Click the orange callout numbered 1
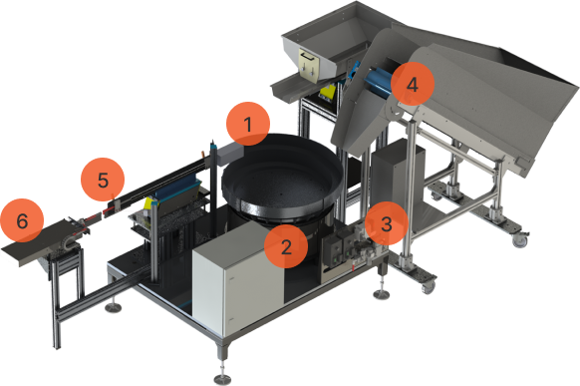[248, 124]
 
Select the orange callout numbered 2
[286, 246]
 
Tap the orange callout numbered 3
[387, 223]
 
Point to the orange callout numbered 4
[412, 84]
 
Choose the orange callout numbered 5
[103, 180]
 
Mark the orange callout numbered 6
[22, 220]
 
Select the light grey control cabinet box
[237, 277]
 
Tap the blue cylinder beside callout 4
[378, 81]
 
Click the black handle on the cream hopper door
[307, 57]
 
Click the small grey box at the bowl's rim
[230, 154]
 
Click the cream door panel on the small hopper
[309, 64]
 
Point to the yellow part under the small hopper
[328, 92]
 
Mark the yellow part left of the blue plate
[148, 203]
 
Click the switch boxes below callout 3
[338, 249]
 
